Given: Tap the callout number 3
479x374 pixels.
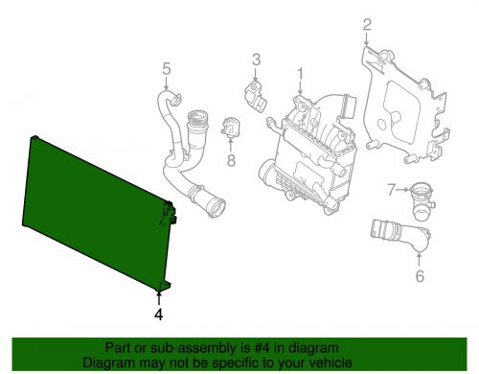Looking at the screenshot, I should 256,62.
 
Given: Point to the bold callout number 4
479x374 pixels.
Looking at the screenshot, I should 159,313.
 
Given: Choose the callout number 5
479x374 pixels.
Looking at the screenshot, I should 165,68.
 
